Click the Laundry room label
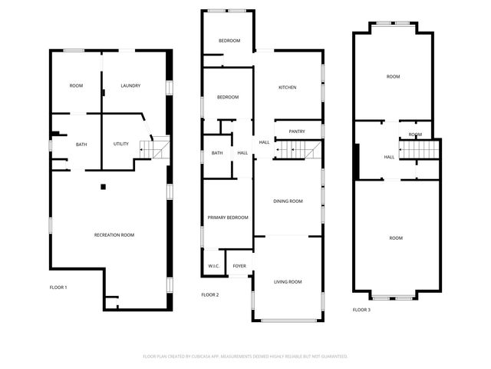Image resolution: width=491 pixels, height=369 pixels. [x=131, y=85]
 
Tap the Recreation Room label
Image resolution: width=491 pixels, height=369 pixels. [x=114, y=234]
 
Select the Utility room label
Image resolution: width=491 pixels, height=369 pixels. [x=121, y=144]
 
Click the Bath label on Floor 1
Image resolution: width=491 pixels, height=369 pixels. [x=81, y=144]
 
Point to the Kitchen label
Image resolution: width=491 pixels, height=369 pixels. [x=287, y=87]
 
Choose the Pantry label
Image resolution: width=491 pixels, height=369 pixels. [x=297, y=131]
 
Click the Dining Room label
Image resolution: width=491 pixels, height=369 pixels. [x=288, y=201]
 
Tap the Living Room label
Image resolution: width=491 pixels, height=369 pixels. [x=288, y=282]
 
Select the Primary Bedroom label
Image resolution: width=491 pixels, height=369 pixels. [x=228, y=218]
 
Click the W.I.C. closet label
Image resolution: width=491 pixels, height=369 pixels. [x=214, y=266]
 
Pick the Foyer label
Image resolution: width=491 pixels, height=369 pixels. [x=239, y=266]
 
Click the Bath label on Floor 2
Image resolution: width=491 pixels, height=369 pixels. [x=217, y=153]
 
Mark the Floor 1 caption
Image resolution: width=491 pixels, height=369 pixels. [x=58, y=288]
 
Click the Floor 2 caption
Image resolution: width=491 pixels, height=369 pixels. [x=210, y=294]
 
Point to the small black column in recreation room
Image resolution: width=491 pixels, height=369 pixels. [x=102, y=186]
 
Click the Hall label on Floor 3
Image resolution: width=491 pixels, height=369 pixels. [x=389, y=158]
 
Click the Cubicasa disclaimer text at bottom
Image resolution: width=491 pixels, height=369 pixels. [x=245, y=356]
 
